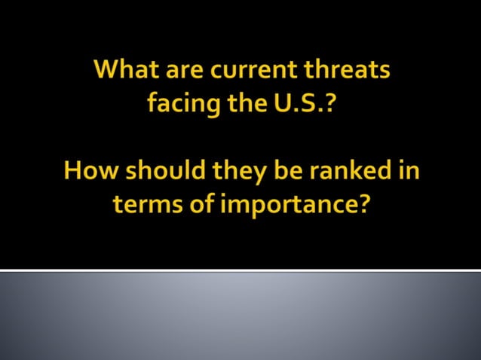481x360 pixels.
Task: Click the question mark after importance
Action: pyautogui.click(x=362, y=203)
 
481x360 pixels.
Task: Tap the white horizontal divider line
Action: pyautogui.click(x=240, y=270)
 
